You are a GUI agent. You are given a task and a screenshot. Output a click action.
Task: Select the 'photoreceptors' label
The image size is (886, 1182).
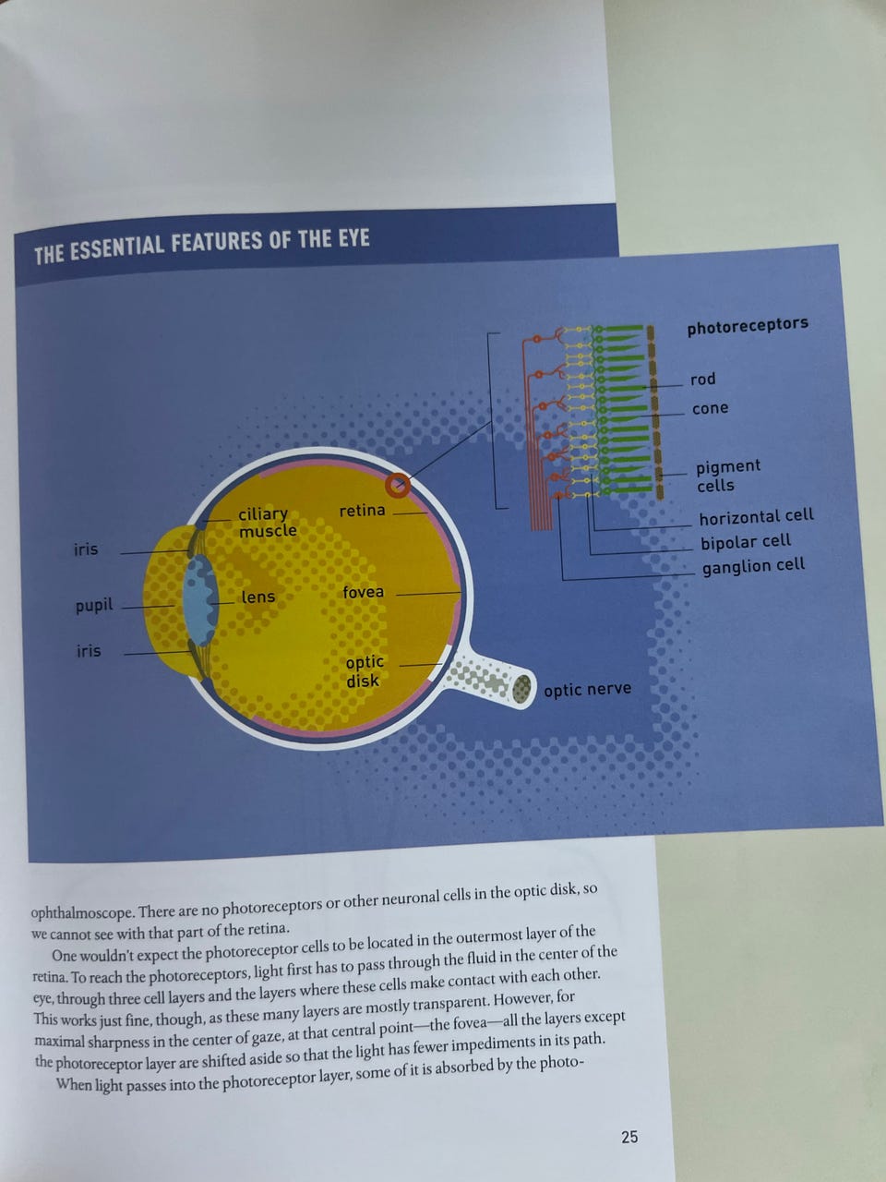click(748, 326)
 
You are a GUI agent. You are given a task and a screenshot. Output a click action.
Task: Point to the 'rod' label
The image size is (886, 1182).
click(703, 380)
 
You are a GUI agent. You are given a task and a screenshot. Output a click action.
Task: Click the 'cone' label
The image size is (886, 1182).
click(711, 408)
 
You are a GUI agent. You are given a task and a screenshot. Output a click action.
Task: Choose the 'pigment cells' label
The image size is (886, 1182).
click(728, 476)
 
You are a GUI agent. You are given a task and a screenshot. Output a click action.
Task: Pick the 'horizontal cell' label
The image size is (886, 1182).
click(757, 517)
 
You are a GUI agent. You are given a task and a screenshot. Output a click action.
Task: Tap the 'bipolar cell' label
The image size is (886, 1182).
click(746, 542)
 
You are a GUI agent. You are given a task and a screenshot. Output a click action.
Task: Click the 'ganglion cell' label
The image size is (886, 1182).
click(754, 566)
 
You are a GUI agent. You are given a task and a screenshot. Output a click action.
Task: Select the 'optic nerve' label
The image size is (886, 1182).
click(588, 690)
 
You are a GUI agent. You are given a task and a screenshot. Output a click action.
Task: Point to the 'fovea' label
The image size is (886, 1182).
click(363, 592)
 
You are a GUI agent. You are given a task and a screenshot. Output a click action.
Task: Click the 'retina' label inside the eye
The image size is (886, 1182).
click(362, 510)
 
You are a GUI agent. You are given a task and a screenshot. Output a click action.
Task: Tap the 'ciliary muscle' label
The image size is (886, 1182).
click(268, 523)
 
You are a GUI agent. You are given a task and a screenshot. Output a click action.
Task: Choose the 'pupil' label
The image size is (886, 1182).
click(94, 605)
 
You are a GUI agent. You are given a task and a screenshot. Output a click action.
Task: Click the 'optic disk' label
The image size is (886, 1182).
click(365, 671)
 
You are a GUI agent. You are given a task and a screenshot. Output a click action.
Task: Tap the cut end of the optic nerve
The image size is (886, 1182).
click(521, 689)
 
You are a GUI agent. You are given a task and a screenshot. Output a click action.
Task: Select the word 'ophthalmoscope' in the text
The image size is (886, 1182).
click(82, 912)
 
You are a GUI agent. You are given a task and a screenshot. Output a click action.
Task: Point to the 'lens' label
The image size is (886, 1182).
click(258, 597)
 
